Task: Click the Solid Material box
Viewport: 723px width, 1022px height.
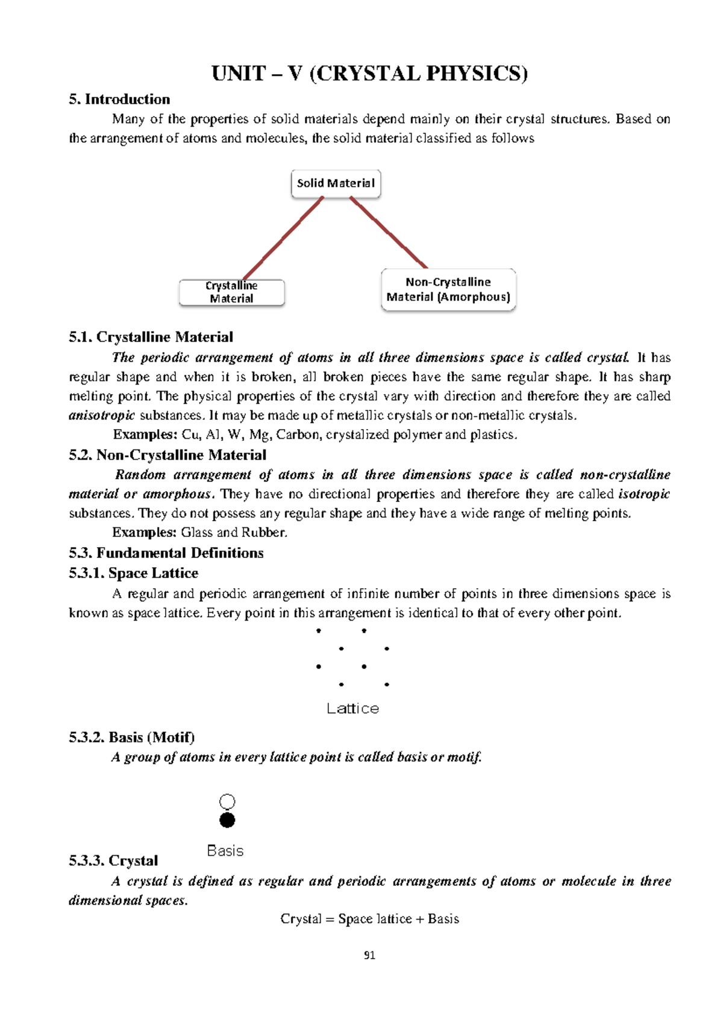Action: click(336, 183)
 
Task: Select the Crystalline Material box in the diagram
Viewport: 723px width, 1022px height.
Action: click(231, 292)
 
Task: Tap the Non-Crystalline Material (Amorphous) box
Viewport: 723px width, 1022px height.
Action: click(448, 290)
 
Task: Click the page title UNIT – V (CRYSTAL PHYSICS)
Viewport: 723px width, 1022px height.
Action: click(369, 74)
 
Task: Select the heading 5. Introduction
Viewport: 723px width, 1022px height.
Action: click(119, 99)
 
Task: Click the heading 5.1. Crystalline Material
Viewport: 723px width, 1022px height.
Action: click(151, 337)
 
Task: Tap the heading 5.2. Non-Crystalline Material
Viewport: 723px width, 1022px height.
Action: click(167, 455)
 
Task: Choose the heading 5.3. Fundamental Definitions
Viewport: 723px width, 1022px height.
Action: click(166, 553)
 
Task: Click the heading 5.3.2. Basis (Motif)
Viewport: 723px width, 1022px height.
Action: click(131, 738)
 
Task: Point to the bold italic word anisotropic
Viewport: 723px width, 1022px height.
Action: click(102, 416)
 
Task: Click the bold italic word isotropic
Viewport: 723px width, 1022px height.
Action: click(644, 494)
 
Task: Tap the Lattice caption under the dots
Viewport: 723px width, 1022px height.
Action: click(352, 709)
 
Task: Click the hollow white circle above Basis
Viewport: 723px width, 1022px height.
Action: click(227, 801)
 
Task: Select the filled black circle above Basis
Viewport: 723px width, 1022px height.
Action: click(227, 820)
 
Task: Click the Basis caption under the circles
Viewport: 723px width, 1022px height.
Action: click(225, 851)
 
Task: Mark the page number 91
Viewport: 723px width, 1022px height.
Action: click(369, 955)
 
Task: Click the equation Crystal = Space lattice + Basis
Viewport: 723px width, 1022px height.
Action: click(369, 919)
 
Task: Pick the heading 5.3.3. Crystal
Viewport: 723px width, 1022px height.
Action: click(113, 861)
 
